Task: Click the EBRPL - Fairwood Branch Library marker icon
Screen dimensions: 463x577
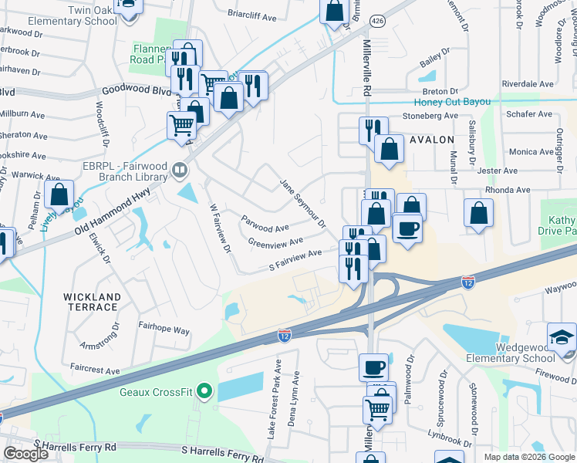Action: click(179, 169)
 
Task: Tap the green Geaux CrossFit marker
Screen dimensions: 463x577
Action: click(204, 391)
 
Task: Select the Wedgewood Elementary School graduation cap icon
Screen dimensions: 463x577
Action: click(561, 337)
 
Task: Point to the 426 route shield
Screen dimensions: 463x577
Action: click(376, 20)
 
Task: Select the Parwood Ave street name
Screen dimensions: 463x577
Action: click(265, 228)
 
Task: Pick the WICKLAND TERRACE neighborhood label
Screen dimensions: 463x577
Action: click(92, 302)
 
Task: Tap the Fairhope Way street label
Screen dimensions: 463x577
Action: click(164, 330)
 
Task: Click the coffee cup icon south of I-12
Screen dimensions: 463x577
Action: click(373, 367)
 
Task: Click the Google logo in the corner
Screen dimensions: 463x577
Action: click(25, 454)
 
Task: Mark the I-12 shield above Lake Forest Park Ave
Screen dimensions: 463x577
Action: click(285, 336)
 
